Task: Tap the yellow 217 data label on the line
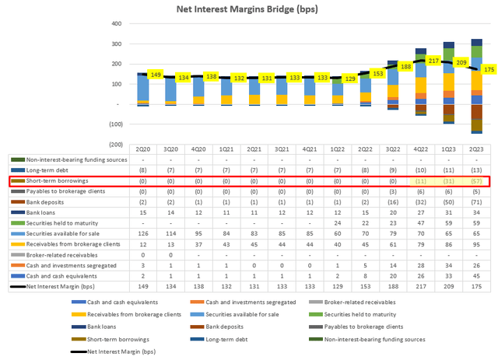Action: pyautogui.click(x=433, y=61)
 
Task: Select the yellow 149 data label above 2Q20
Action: pyautogui.click(x=156, y=75)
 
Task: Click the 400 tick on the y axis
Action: pyautogui.click(x=114, y=23)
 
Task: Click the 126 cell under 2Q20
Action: pyautogui.click(x=143, y=232)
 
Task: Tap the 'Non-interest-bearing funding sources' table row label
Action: pyautogui.click(x=69, y=159)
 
